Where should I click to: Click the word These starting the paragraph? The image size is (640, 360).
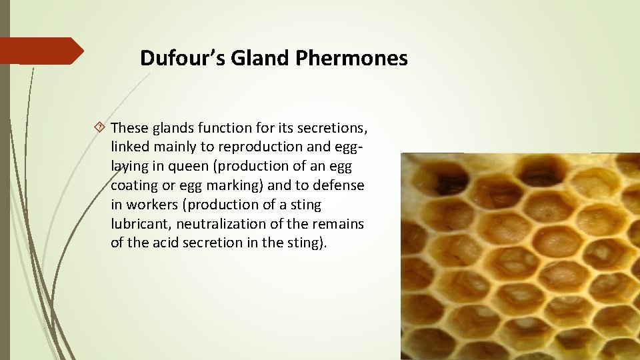129,127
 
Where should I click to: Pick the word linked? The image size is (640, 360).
129,147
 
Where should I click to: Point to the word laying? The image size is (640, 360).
129,166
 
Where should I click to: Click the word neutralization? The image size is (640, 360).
224,224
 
